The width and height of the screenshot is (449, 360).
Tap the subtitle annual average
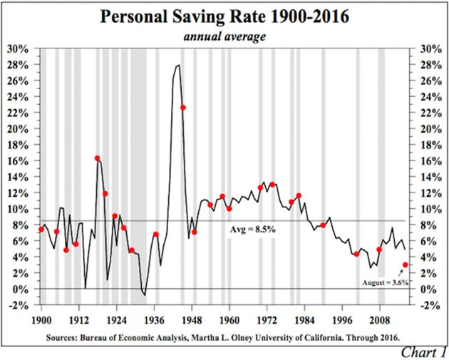[224, 36]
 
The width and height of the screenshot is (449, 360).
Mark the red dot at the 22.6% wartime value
[183, 108]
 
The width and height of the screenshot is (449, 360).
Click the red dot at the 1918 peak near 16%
[98, 158]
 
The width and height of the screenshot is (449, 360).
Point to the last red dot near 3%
[406, 264]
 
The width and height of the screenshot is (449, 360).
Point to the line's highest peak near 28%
[178, 65]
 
